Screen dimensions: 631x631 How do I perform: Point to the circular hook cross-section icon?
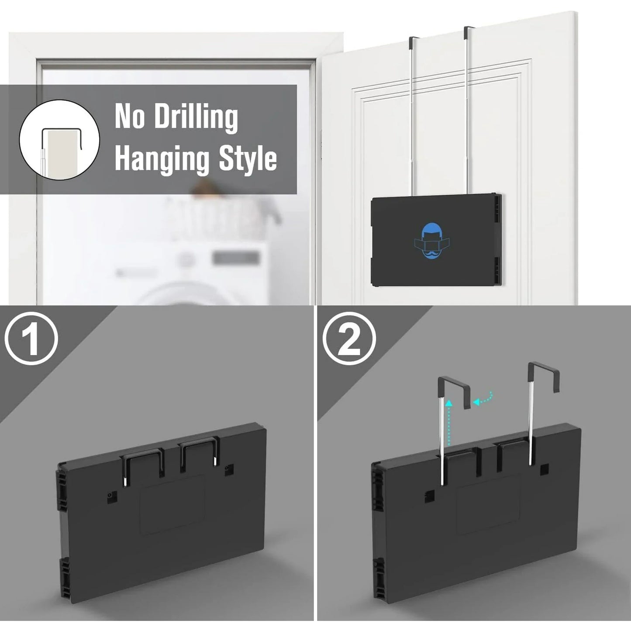point(59,139)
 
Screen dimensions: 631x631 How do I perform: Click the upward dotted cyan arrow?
point(449,424)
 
